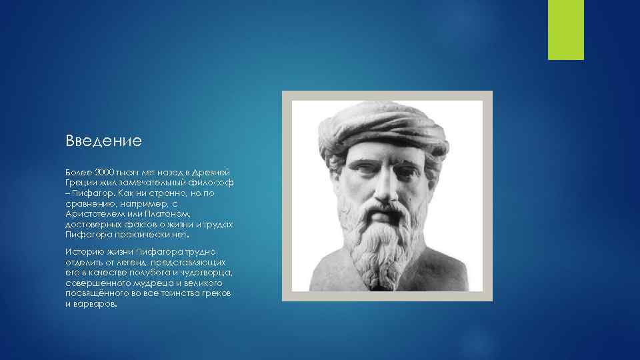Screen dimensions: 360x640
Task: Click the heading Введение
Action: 103,141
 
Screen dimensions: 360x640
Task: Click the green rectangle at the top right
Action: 566,29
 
